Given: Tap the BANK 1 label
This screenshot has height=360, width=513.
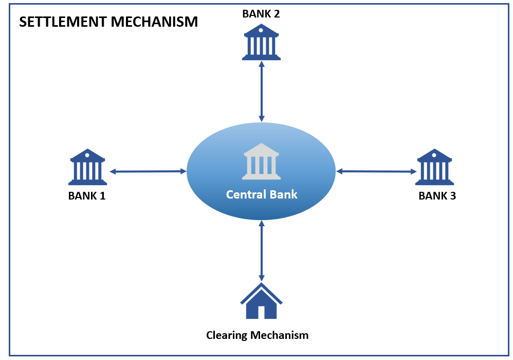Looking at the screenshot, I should click(87, 195).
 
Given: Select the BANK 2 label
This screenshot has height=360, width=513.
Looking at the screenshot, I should click(261, 14).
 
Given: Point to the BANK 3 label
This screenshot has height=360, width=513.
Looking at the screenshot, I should click(437, 195).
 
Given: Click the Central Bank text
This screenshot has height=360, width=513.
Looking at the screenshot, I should click(262, 194).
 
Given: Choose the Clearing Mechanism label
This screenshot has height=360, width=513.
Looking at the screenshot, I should click(257, 335).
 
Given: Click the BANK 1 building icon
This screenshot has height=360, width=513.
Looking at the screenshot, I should click(87, 167).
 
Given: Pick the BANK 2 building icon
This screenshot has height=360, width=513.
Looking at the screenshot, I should click(261, 42).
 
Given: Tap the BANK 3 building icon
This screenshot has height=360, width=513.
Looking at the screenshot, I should click(435, 167).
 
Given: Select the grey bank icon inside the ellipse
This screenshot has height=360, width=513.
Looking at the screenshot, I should click(261, 161).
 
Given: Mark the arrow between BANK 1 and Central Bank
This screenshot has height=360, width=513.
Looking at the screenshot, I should click(148, 171).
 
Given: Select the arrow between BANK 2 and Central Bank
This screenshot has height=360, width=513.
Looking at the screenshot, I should click(262, 91).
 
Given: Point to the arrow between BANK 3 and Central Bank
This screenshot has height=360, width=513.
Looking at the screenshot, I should click(376, 171).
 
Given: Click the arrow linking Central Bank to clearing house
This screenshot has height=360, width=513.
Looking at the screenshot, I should click(262, 250).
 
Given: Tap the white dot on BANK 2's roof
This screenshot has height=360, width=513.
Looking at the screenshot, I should click(261, 30).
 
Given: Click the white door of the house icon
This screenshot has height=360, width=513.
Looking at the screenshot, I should click(261, 312).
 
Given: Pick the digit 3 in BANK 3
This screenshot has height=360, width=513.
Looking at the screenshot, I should click(452, 195).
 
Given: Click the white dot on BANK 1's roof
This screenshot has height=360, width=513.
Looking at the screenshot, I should click(87, 155).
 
